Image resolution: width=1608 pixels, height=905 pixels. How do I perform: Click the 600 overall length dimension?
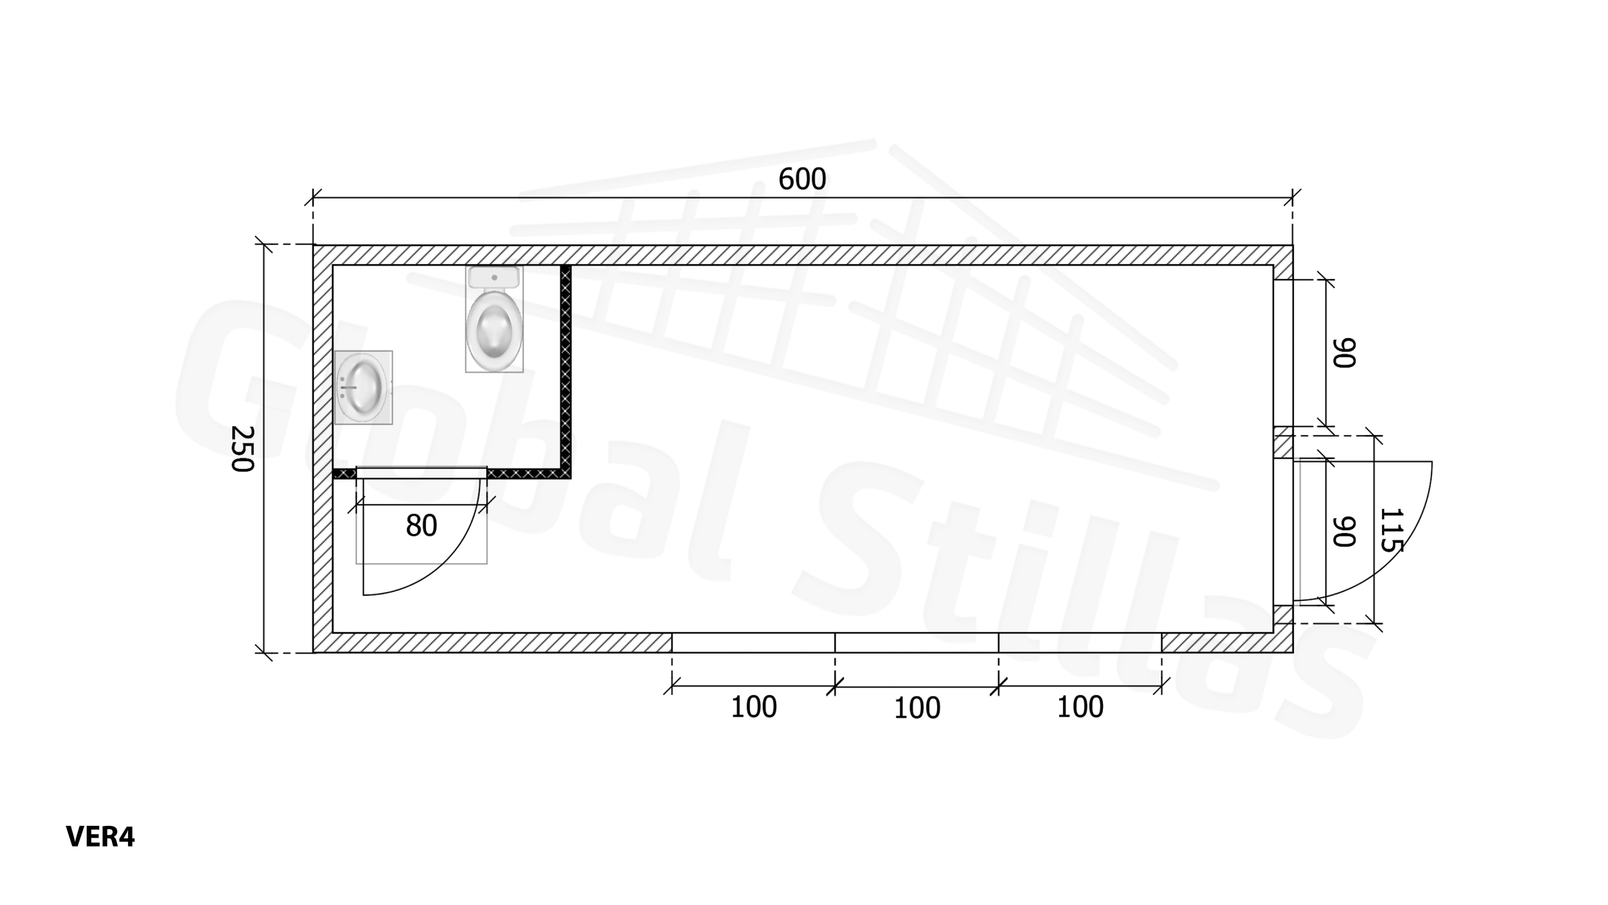pyautogui.click(x=802, y=180)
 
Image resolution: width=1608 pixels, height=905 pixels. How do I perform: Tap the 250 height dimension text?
pyautogui.click(x=242, y=449)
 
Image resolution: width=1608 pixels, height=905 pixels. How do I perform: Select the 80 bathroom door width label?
pyautogui.click(x=421, y=526)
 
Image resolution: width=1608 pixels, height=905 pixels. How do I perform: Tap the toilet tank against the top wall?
pyautogui.click(x=494, y=277)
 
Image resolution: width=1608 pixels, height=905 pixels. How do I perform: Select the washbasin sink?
pyautogui.click(x=362, y=387)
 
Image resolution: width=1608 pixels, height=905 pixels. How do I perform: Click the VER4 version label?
pyautogui.click(x=100, y=837)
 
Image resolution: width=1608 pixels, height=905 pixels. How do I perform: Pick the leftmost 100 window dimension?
pyautogui.click(x=754, y=708)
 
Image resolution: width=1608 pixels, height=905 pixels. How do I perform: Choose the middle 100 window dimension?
pyautogui.click(x=917, y=708)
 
